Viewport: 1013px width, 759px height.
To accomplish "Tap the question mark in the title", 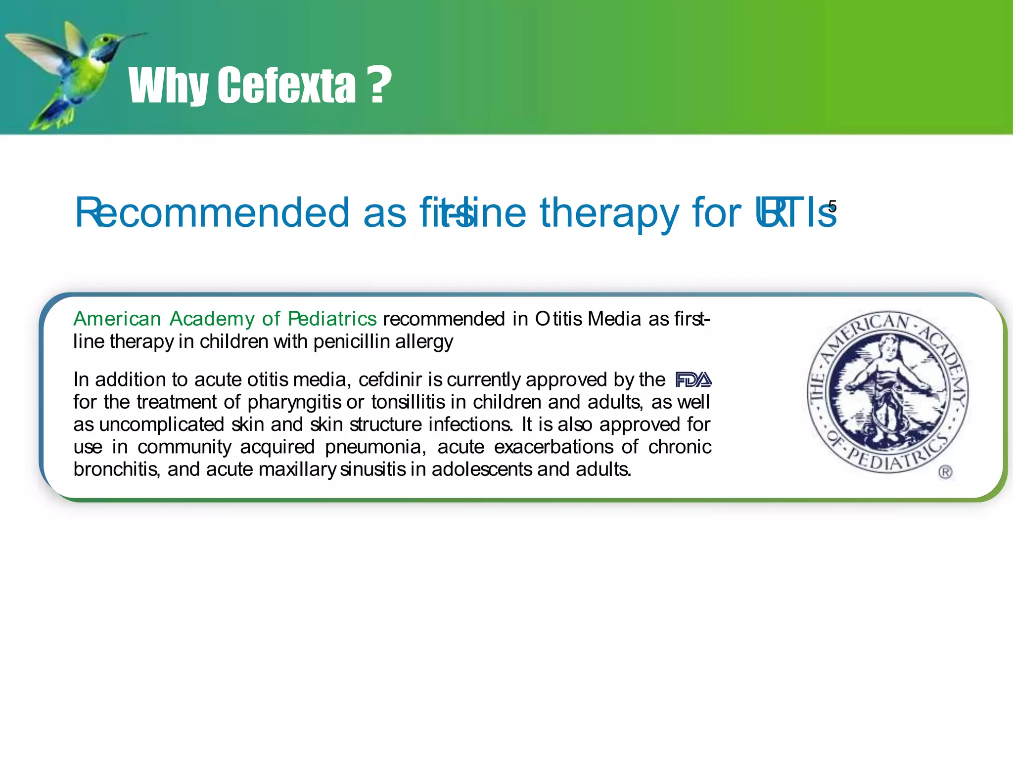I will pyautogui.click(x=380, y=85).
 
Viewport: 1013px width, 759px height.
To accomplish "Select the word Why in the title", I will pyautogui.click(x=168, y=87).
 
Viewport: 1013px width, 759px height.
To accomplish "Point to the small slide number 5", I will pyautogui.click(x=832, y=206).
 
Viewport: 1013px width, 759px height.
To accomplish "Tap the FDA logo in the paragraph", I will pyautogui.click(x=693, y=379).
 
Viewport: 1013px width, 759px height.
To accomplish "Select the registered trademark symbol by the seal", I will pyautogui.click(x=945, y=472).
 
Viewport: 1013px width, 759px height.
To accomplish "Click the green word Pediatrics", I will pyautogui.click(x=332, y=319).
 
